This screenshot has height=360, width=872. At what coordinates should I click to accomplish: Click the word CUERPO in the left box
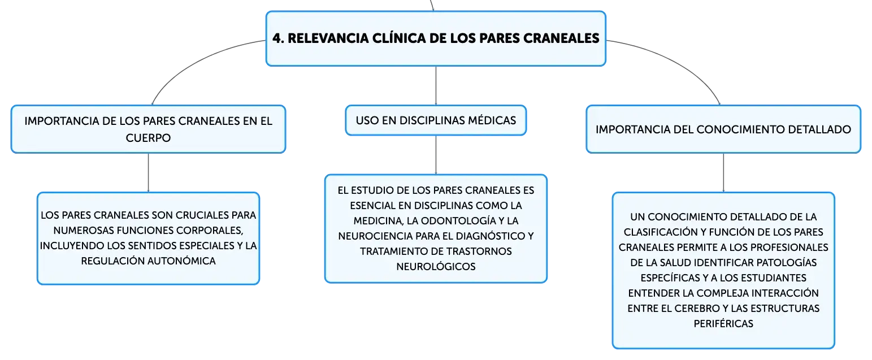tap(148, 138)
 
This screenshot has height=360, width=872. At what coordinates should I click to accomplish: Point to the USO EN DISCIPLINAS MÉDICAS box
tap(436, 120)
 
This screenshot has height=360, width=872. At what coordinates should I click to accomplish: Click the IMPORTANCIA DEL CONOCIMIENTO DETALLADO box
tap(723, 129)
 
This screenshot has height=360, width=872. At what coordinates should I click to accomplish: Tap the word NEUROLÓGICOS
tap(436, 267)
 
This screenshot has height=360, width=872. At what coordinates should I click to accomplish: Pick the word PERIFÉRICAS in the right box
tap(723, 323)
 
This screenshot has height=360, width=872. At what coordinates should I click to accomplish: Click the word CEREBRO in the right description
tap(696, 308)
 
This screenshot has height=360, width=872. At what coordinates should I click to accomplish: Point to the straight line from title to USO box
tap(436, 86)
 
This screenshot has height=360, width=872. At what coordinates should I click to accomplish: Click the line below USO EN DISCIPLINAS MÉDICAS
tap(436, 155)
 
